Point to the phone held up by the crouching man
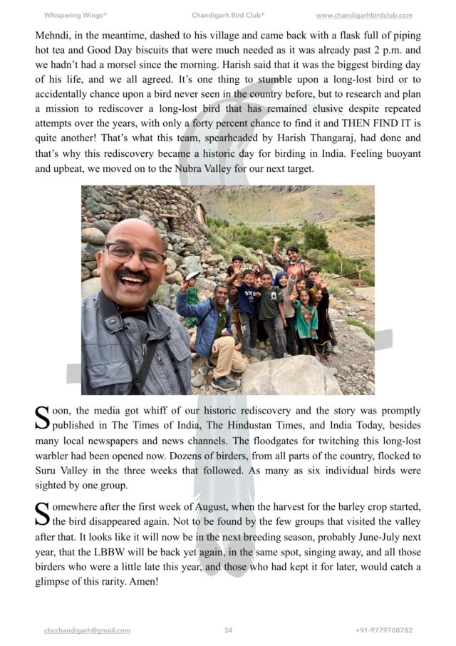tap(192, 275)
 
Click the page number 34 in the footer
tap(228, 630)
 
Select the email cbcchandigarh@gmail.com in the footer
tap(87, 630)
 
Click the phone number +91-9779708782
tap(383, 630)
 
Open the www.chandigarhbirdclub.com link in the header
tap(364, 15)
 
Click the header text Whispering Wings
tap(76, 15)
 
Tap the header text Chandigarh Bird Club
tap(228, 15)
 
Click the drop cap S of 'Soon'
tap(42, 418)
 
